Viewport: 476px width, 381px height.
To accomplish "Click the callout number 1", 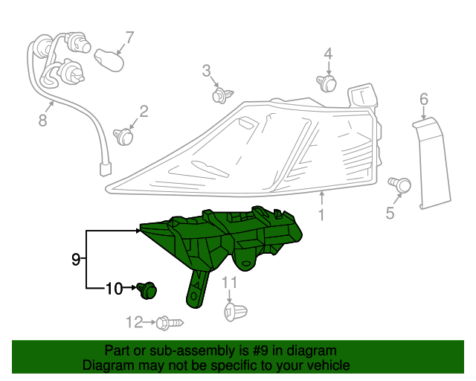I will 321,216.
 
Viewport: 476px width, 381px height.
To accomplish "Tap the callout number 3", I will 207,71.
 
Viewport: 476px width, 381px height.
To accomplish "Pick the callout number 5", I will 390,214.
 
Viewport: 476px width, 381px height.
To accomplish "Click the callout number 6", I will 424,99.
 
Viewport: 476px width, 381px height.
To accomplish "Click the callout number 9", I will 76,259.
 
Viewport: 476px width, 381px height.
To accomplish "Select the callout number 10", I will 113,288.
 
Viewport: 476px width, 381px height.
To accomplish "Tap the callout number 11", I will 230,282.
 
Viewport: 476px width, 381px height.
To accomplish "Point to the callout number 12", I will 134,322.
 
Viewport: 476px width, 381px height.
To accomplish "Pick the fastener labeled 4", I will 327,82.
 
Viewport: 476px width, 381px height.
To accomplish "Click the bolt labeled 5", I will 401,183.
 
